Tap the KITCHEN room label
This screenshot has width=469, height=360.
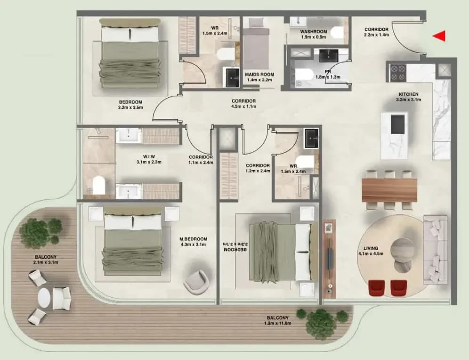409,94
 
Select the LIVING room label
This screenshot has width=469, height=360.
371,248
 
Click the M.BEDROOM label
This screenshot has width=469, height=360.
193,239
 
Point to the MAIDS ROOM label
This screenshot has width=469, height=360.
259,74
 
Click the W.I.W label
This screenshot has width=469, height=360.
149,156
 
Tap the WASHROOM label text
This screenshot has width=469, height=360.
314,32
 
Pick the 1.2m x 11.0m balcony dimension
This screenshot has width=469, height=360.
277,323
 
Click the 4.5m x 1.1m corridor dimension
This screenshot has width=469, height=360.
244,106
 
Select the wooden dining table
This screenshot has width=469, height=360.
389,190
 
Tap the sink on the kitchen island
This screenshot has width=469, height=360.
398,124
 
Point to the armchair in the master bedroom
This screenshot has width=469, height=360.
196,282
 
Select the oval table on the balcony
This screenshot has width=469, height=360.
44,297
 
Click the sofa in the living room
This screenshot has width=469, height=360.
435,250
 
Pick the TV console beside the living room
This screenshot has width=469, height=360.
329,259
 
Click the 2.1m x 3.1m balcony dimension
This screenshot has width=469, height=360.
46,262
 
